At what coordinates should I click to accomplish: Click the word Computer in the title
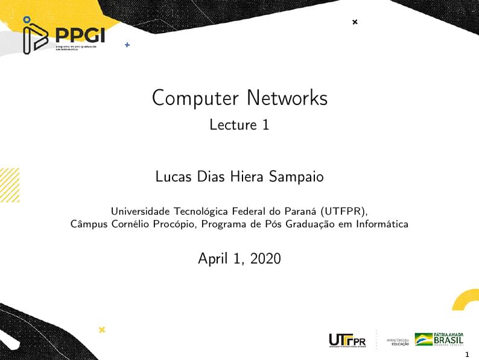pyautogui.click(x=192, y=98)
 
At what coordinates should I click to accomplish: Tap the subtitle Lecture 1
pyautogui.click(x=239, y=125)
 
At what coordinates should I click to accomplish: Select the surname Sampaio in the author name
pyautogui.click(x=296, y=177)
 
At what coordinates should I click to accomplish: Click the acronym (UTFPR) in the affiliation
pyautogui.click(x=344, y=212)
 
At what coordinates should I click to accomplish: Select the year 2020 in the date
pyautogui.click(x=266, y=259)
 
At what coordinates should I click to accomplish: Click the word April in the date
pyautogui.click(x=212, y=259)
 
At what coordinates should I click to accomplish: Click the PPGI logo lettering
pyautogui.click(x=80, y=35)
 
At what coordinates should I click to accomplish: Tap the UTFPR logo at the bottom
pyautogui.click(x=347, y=340)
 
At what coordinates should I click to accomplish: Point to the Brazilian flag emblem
pyautogui.click(x=423, y=339)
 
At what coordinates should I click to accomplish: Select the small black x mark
pyautogui.click(x=355, y=22)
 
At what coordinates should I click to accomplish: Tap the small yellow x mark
pyautogui.click(x=102, y=329)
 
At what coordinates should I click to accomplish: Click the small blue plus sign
pyautogui.click(x=127, y=45)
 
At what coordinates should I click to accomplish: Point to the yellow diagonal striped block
pyautogui.click(x=10, y=185)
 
